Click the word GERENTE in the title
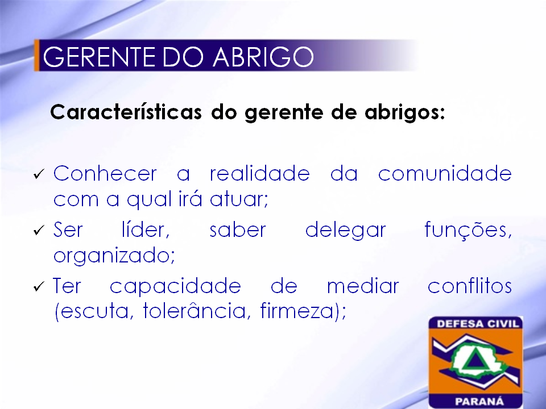(99, 57)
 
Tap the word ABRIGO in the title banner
(263, 57)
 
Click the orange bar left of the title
(36, 55)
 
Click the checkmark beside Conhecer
(39, 174)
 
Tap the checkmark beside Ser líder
(39, 230)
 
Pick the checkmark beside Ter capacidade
(39, 286)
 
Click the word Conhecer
(105, 173)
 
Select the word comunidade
(445, 173)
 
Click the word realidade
(260, 173)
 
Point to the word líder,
(146, 230)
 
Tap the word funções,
(468, 231)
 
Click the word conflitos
(470, 286)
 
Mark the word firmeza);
(303, 311)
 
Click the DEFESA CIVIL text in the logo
(478, 324)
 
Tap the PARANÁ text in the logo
(479, 402)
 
